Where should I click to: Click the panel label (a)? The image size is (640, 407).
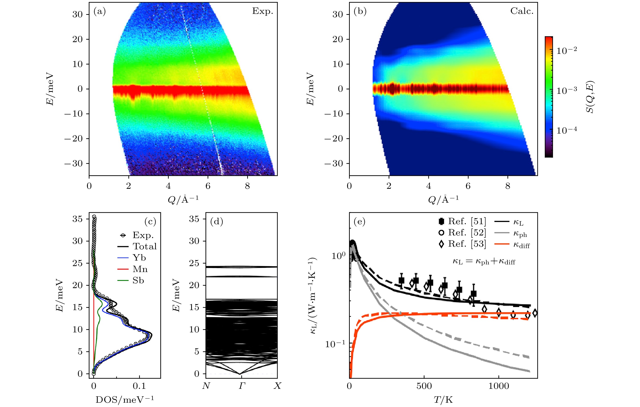100,11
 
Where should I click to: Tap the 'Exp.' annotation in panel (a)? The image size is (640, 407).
262,11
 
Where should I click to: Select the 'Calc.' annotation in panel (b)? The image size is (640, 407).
522,11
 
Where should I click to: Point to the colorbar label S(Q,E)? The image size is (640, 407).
590,97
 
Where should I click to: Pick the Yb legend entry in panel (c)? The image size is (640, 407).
139,258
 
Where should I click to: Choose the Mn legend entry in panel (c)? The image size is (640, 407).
140,269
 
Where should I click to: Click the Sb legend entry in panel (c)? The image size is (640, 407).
138,280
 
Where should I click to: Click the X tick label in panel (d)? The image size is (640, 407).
277,386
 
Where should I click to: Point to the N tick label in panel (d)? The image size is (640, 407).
206,386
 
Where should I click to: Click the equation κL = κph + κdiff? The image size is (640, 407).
484,262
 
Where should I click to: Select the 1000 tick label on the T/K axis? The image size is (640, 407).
499,386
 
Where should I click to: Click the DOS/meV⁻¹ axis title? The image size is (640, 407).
125,400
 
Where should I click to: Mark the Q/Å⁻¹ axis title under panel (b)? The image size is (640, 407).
443,199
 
